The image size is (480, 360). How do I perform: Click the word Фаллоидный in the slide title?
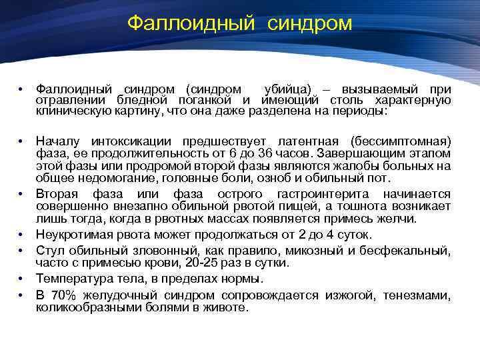[191, 23]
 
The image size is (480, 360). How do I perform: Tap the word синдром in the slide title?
[310, 23]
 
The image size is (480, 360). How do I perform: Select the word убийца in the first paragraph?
[287, 89]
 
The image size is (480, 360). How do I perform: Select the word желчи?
[397, 218]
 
